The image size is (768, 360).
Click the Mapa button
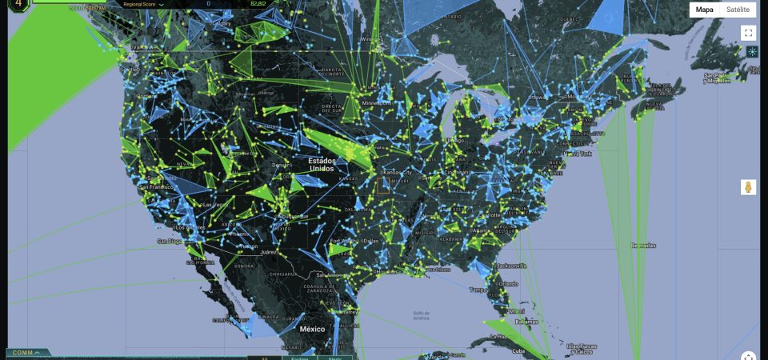click(704, 10)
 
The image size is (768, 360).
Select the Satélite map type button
click(738, 10)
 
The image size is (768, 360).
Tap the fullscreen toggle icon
click(748, 33)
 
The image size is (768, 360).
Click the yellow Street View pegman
click(748, 187)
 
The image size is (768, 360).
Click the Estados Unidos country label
click(322, 165)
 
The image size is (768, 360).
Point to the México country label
click(312, 329)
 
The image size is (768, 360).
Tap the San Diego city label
click(170, 241)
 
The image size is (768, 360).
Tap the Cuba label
click(518, 350)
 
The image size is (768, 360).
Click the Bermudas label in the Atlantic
click(642, 246)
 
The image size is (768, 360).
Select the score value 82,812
click(258, 4)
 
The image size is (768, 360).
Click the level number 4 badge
click(18, 5)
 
